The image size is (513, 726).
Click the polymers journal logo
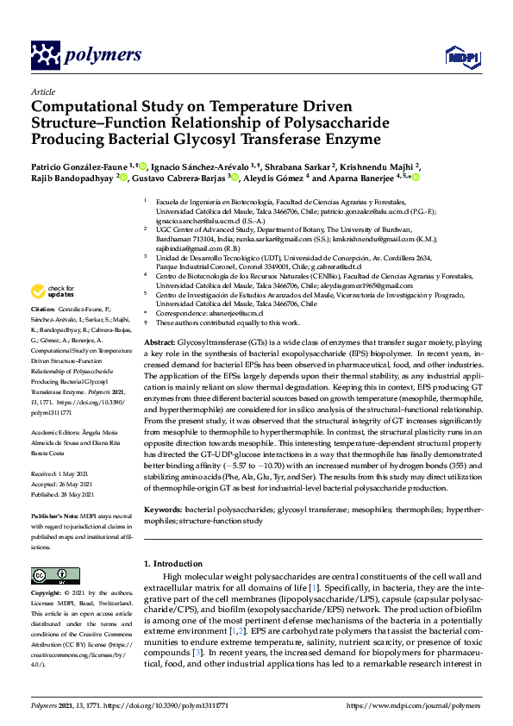[86, 55]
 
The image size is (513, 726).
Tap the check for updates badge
[54, 291]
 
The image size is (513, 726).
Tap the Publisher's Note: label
[53, 515]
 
